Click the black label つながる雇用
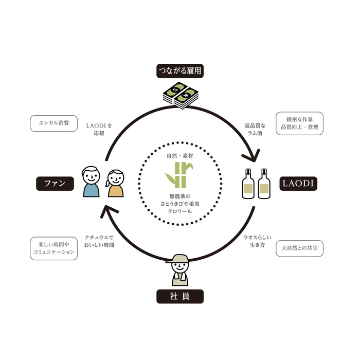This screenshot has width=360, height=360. (180, 71)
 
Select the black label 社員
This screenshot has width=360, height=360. (180, 296)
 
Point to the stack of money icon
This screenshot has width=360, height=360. (180, 96)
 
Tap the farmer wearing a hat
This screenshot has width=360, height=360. (180, 269)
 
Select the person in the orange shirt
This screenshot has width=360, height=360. (115, 185)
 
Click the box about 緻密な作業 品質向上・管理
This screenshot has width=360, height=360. (300, 123)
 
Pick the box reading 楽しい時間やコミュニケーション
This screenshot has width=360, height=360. (54, 248)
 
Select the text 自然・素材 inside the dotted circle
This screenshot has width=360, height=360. (180, 155)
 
